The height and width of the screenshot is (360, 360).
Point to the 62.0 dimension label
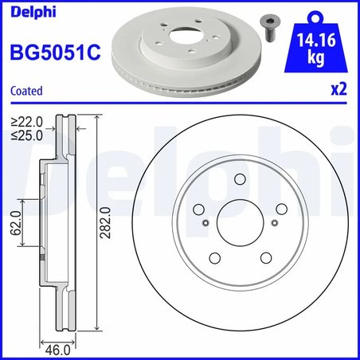click(14, 224)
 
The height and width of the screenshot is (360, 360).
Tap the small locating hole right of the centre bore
click(273, 224)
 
